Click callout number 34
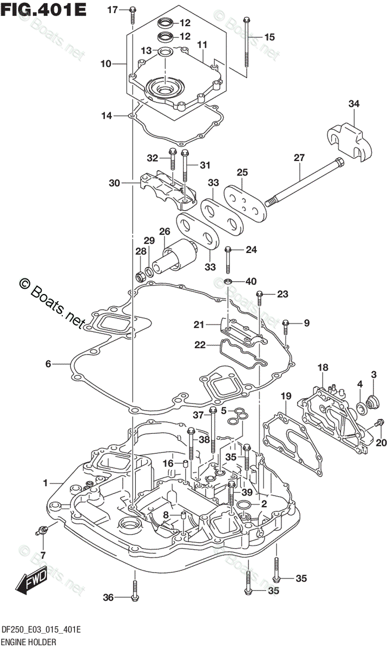(353, 103)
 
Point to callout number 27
(299, 158)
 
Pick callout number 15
(270, 37)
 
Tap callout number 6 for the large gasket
(48, 363)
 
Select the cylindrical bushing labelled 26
(174, 255)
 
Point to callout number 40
(251, 281)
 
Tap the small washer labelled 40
(228, 281)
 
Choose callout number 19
(286, 396)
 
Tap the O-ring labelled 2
(244, 505)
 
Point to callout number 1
(45, 483)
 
